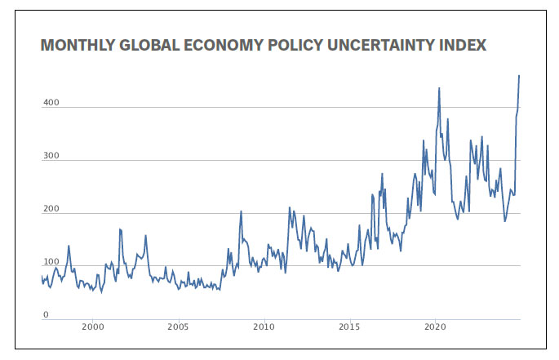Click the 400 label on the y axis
tap(51, 104)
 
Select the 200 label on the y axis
tap(51, 210)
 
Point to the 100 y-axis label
tap(51, 263)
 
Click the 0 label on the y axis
tap(46, 315)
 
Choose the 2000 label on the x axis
tap(93, 327)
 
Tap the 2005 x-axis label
tap(179, 327)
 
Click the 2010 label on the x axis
tap(264, 327)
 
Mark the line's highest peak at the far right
tap(519, 75)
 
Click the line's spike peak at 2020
tap(439, 87)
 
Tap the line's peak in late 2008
tap(241, 211)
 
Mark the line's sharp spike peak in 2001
tap(119, 229)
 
